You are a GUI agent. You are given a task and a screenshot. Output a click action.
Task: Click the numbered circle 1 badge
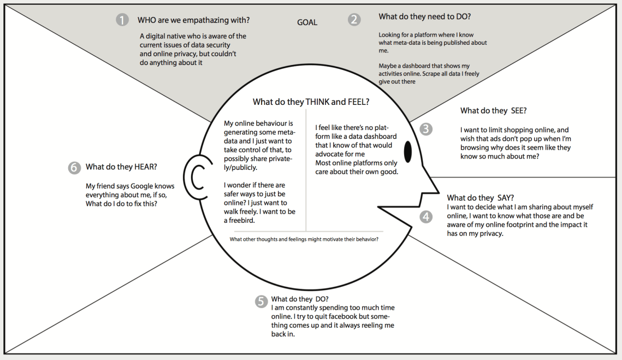pos(122,20)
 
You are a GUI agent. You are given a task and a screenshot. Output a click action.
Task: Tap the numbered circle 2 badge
pos(355,20)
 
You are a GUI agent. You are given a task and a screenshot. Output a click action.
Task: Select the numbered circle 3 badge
pos(426,129)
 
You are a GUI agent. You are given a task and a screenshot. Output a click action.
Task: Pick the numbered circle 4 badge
pos(426,217)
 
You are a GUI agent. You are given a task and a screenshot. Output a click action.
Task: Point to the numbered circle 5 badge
pos(261,301)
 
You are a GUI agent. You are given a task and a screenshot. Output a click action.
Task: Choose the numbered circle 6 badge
pos(74,168)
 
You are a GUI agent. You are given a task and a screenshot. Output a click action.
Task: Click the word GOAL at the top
pos(307,22)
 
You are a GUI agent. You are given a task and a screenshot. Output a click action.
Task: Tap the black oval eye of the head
pos(407,152)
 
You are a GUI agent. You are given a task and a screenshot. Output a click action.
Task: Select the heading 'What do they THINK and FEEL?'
pos(311,102)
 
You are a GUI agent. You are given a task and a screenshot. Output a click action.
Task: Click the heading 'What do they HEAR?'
pos(125,167)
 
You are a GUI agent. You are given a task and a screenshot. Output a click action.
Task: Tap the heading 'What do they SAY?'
pos(481,198)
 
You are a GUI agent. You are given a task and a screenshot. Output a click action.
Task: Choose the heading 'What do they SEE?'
pos(493,111)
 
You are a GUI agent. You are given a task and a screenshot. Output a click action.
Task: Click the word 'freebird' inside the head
pos(243,220)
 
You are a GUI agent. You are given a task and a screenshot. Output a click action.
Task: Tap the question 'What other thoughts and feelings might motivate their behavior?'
pos(304,239)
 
